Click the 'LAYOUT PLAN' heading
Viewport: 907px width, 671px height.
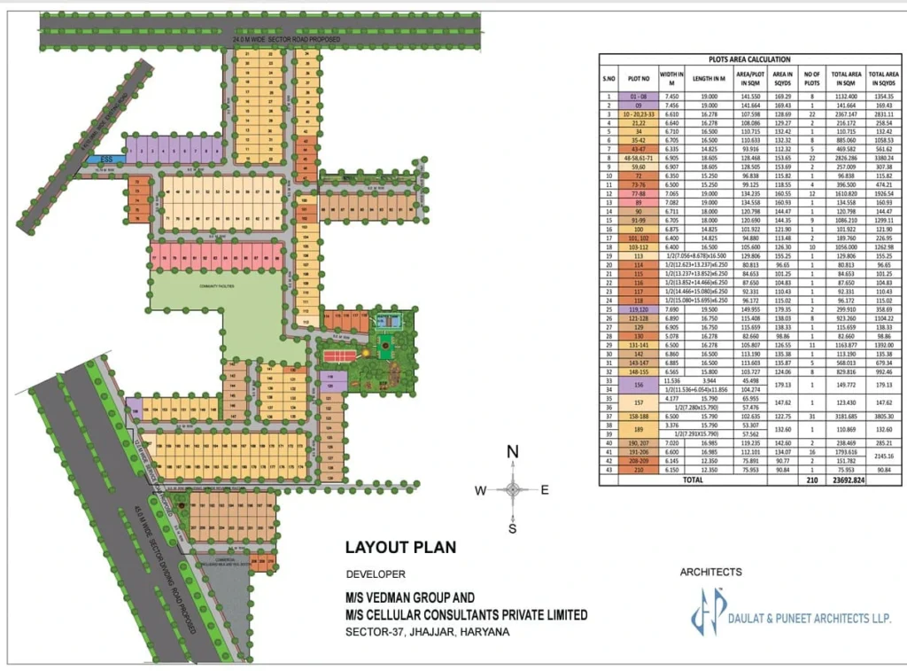[x=400, y=547]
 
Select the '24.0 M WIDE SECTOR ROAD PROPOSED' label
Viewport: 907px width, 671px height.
[x=282, y=41]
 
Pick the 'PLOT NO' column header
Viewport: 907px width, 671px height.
[x=638, y=78]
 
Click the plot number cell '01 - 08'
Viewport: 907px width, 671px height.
[x=638, y=96]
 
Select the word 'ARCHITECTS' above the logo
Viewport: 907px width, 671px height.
[x=710, y=572]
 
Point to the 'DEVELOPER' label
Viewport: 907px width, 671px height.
[x=376, y=574]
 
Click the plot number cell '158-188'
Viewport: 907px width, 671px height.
[x=638, y=416]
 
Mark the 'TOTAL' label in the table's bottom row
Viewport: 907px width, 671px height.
[x=693, y=480]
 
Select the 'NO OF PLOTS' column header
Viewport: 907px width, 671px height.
[x=810, y=78]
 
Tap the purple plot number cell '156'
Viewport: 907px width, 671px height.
[x=638, y=385]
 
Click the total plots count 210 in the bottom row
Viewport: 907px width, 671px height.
[x=810, y=480]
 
